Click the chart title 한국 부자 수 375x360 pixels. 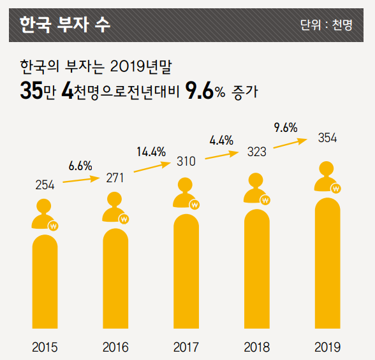64,25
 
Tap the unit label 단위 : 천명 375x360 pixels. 326,25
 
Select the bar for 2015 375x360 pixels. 45,284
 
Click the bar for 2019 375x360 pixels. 327,264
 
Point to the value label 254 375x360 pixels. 45,185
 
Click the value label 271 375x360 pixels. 115,178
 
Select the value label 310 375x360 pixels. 186,162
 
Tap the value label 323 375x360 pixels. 256,154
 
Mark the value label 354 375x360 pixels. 327,138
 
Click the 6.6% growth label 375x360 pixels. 80,166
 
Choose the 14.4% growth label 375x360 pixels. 151,152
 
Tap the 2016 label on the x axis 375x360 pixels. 115,347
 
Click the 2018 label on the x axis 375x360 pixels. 256,347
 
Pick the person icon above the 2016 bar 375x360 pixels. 114,205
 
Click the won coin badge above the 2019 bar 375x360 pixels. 336,188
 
